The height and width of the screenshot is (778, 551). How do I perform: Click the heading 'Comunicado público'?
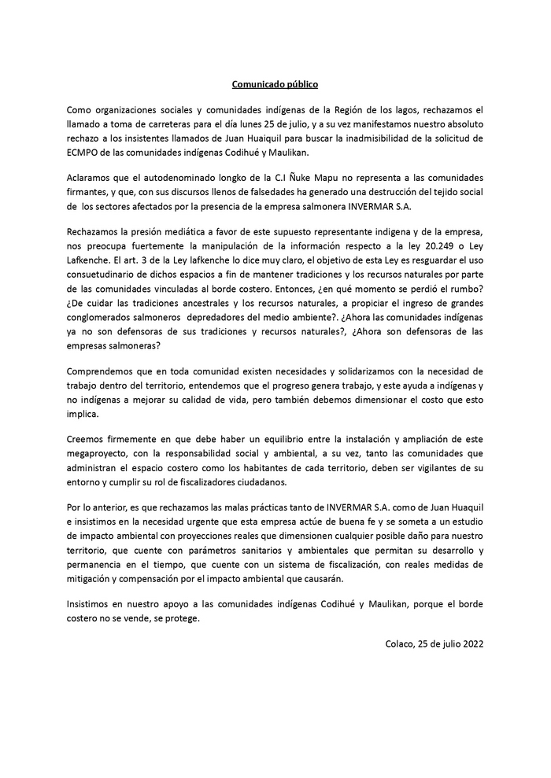(275, 83)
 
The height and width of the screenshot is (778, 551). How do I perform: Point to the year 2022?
(471, 643)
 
